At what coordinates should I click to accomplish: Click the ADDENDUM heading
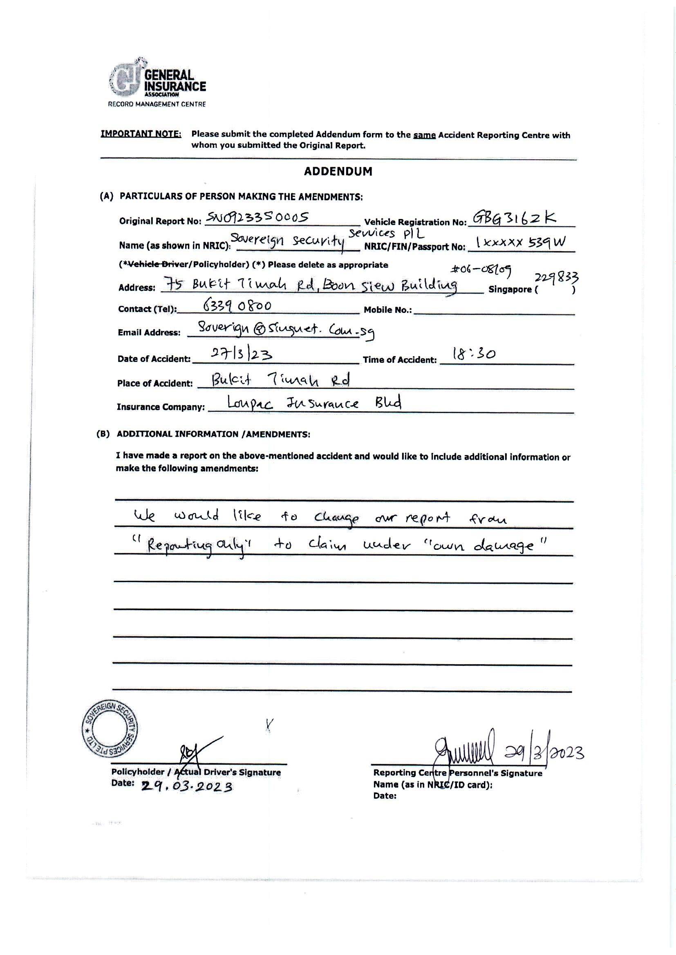338,172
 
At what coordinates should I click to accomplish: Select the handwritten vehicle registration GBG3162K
515,218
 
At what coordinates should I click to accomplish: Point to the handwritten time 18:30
473,354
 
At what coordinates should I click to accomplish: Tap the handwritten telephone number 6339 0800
237,306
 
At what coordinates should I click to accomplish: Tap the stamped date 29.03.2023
186,787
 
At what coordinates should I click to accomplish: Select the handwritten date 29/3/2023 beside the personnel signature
544,752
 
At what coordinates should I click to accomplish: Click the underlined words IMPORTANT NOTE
141,134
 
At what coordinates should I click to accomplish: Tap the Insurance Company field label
161,407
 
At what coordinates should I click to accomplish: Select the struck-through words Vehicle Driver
145,265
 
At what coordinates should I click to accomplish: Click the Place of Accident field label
155,383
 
